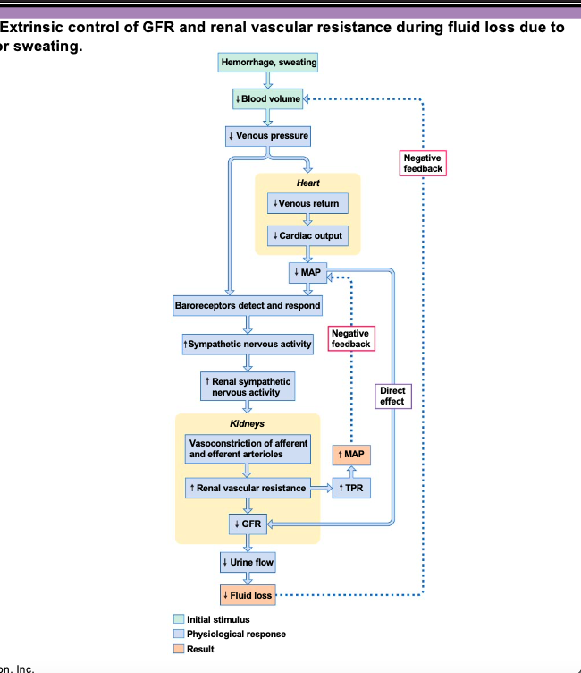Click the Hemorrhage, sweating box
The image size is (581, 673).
[268, 63]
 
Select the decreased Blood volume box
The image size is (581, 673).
[268, 98]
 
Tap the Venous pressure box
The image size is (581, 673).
[268, 136]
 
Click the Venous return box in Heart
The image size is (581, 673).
[307, 203]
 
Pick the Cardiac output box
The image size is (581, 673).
[307, 236]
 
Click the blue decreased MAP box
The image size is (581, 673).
[308, 271]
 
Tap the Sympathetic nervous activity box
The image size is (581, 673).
[247, 344]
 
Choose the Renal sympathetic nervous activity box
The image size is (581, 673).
[248, 387]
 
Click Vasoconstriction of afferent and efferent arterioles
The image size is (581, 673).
[248, 448]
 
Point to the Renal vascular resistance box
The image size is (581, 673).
[248, 489]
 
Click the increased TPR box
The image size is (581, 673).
[351, 489]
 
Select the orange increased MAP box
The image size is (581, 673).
[351, 455]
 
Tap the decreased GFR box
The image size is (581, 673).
[248, 524]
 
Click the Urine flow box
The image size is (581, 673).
[248, 562]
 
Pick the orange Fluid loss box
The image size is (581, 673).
[248, 595]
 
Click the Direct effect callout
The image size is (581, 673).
[392, 396]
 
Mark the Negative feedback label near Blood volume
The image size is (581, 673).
[423, 163]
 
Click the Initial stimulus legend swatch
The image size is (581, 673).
[179, 619]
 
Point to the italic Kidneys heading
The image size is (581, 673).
[248, 422]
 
